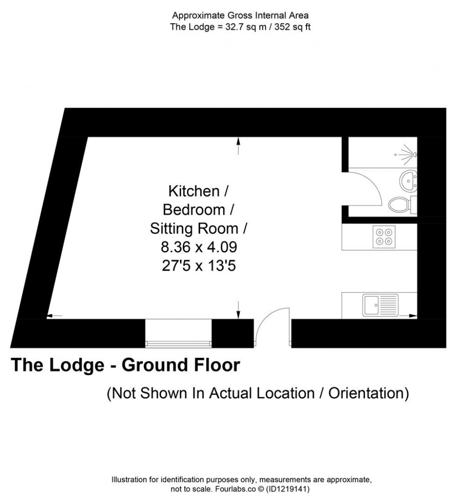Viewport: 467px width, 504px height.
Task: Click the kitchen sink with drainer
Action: pyautogui.click(x=380, y=305)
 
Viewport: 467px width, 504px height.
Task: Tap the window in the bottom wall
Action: pyautogui.click(x=178, y=342)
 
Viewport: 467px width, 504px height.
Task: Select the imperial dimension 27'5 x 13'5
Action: pyautogui.click(x=199, y=266)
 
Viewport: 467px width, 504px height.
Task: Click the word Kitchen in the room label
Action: pyautogui.click(x=194, y=191)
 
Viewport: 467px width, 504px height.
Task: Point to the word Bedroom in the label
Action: pyautogui.click(x=194, y=210)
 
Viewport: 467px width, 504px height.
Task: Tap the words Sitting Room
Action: pyautogui.click(x=194, y=228)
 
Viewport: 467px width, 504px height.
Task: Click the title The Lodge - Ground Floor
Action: pyautogui.click(x=125, y=365)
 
